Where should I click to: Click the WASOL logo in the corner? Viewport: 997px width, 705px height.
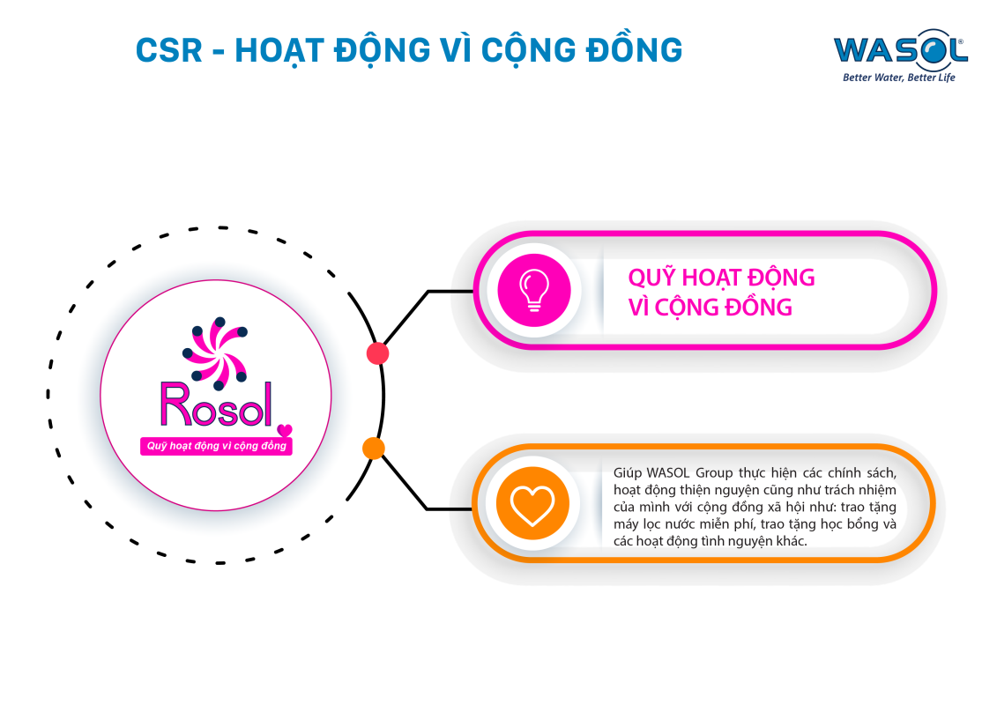point(899,51)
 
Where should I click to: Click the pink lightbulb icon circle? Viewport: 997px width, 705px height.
point(534,290)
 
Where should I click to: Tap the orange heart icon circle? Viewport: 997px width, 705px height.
point(532,504)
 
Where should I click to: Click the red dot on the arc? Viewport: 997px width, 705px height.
point(377,353)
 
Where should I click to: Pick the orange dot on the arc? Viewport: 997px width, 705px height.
point(374,449)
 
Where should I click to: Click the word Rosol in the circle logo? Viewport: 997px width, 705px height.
point(214,404)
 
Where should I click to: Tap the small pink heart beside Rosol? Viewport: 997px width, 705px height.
point(284,430)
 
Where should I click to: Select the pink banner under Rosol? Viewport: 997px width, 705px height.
point(217,446)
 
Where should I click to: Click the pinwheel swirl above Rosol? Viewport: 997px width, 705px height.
point(215,354)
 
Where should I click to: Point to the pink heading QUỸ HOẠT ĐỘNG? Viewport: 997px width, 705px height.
point(721,277)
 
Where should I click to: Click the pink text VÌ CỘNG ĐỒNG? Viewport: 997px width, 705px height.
point(710,307)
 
